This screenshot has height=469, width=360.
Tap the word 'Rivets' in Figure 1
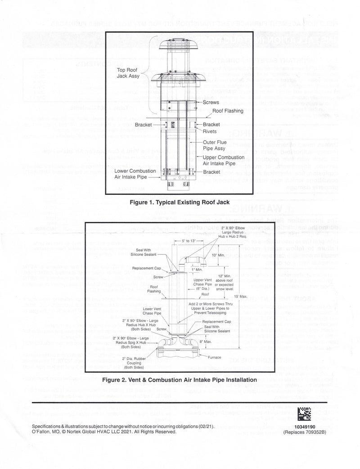coord(211,131)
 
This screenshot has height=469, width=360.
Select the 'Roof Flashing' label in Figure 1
coord(228,110)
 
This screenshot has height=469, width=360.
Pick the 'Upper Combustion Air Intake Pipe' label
coord(224,160)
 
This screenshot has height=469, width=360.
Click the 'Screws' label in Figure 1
coord(211,103)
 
